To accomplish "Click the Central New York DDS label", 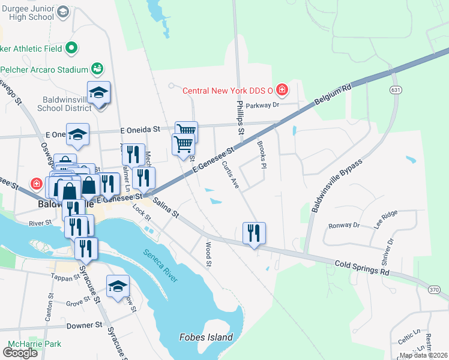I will click(x=228, y=91).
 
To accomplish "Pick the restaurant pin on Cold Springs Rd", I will click(x=254, y=232).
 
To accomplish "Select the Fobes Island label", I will click(x=206, y=337).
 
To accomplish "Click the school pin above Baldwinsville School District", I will click(x=98, y=92).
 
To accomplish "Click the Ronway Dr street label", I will click(x=343, y=226).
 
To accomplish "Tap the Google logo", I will click(x=20, y=352).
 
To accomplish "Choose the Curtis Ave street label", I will click(x=230, y=175).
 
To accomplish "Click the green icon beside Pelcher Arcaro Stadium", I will click(x=97, y=70).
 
